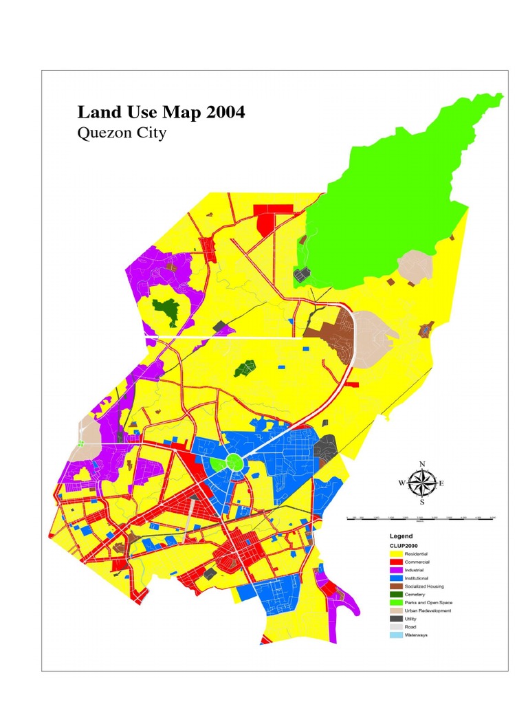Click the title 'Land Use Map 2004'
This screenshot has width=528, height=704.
coord(161,112)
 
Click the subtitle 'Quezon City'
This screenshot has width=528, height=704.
coord(122,133)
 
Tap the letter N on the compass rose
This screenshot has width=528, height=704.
coord(422,463)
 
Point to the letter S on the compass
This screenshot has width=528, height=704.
coord(422,502)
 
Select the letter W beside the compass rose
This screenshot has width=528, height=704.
coord(401,483)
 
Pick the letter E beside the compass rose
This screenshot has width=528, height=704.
coord(441,483)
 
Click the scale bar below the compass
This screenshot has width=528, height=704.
coord(422,516)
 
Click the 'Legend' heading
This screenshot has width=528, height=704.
coord(401,535)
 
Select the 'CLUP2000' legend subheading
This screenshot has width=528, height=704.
coord(404,544)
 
